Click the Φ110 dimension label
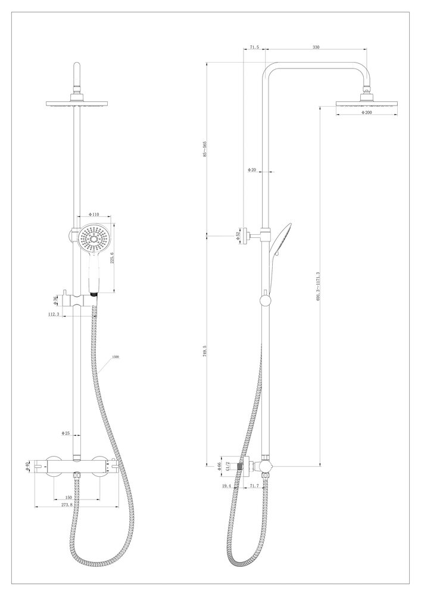pyautogui.click(x=93, y=213)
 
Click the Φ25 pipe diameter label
pyautogui.click(x=67, y=433)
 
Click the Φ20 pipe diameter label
pyautogui.click(x=252, y=170)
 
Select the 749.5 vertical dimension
pyautogui.click(x=205, y=352)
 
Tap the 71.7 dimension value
pyautogui.click(x=254, y=487)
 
